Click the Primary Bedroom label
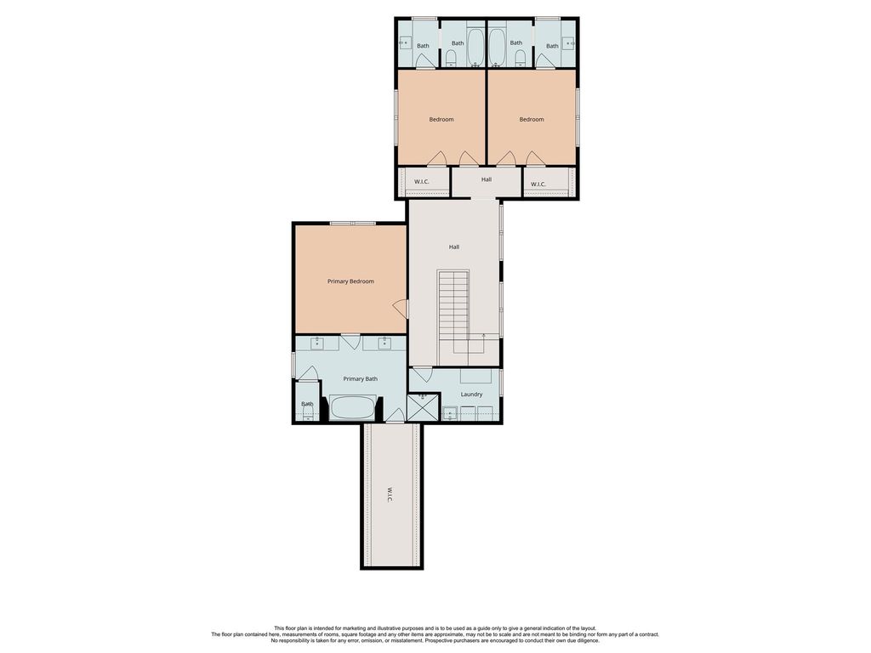[350, 281]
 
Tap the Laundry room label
[471, 395]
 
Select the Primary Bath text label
[360, 378]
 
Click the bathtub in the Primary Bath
[353, 407]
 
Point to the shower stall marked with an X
[424, 407]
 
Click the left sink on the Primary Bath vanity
[316, 344]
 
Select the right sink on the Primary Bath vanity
[384, 344]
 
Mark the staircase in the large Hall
[454, 311]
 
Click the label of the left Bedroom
[441, 119]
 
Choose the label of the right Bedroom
[532, 119]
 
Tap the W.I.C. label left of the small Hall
[422, 182]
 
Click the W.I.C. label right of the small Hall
[538, 185]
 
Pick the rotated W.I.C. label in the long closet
[390, 495]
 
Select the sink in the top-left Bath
[406, 43]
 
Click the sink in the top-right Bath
[568, 43]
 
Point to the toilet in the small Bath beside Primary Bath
[307, 412]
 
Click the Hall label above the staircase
[454, 247]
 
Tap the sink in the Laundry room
[451, 414]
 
